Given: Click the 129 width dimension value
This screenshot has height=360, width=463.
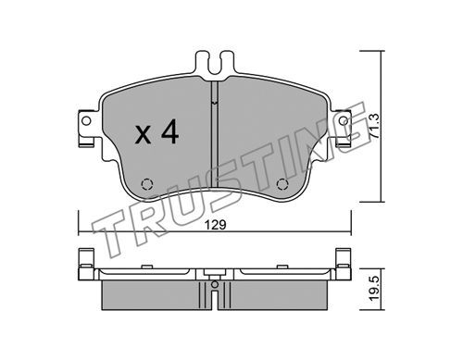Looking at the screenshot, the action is pos(217,225).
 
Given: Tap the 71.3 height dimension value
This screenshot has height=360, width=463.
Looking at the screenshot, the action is pos(374,126).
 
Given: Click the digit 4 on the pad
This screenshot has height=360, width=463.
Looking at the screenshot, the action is pos(169,131).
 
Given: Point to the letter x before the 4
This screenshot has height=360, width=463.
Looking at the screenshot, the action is pos(143,136).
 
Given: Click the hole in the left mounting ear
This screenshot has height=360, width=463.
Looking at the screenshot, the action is pos(87,120).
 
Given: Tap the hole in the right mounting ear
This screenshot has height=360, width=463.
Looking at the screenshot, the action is pos(343,120).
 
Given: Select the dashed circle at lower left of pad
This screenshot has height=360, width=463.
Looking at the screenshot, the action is pos(147,184).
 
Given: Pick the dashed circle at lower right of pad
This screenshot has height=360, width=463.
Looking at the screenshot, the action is pos(282,184).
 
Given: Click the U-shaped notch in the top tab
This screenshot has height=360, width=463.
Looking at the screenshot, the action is pos(215,65).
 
